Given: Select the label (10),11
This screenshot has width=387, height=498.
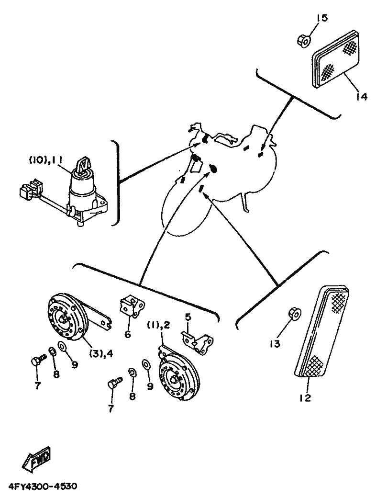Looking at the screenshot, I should coord(46,161).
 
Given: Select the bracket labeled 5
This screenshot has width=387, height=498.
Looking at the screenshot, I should coord(199,339).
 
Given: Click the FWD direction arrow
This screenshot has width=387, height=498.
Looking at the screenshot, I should coord(36,460).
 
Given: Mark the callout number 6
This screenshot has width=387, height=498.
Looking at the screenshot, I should coord(127,334).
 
